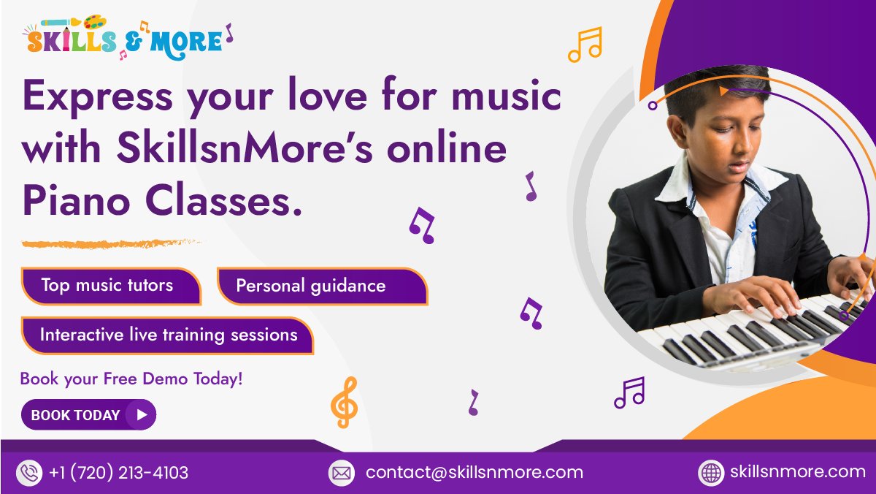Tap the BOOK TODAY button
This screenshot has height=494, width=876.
point(88,415)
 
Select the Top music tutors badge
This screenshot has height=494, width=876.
point(109,285)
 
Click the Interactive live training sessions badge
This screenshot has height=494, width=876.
point(168,335)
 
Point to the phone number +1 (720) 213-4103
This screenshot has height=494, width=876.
point(119,473)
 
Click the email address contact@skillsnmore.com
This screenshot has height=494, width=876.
point(474,472)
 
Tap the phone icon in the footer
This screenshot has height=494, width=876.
point(30,473)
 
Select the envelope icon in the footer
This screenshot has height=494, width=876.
point(341,473)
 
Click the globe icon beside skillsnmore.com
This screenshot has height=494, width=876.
point(711,473)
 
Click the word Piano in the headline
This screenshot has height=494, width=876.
point(69,199)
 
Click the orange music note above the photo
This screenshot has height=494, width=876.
point(585,45)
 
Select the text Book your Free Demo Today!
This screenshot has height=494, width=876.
point(131,379)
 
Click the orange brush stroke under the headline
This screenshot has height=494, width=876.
point(109,243)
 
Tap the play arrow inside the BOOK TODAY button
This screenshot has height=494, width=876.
point(142,415)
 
